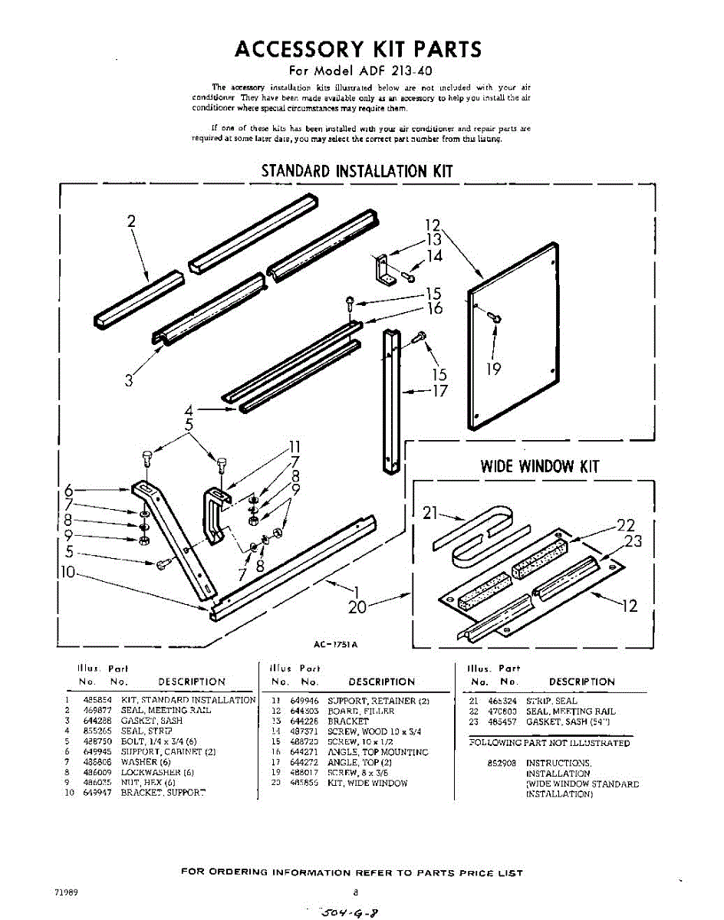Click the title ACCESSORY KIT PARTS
(358, 49)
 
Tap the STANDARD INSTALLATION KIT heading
(357, 170)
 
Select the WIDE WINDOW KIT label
(539, 466)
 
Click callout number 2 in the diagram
(131, 222)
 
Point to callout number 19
(494, 369)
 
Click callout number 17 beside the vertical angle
(439, 391)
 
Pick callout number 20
(357, 607)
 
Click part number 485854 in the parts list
(97, 700)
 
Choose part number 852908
(499, 764)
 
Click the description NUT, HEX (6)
(148, 782)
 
